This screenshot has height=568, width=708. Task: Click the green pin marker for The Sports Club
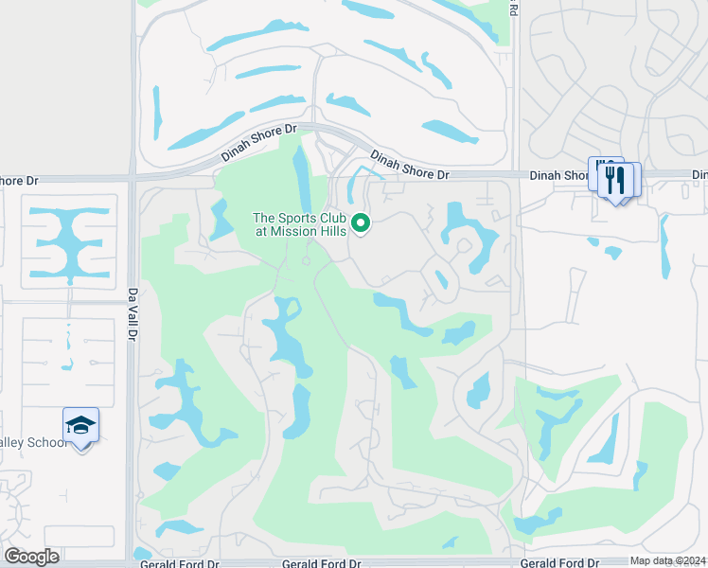[x=361, y=223]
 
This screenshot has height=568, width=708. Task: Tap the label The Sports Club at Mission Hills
[x=301, y=224]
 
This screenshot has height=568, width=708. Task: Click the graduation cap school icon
[x=81, y=425]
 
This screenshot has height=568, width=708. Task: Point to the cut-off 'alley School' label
[x=34, y=443]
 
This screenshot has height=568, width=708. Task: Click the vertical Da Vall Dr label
[x=133, y=312]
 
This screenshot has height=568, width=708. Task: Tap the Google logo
[x=31, y=556]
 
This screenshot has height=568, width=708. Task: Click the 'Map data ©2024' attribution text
[x=667, y=560]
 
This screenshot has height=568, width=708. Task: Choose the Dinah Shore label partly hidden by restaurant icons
[x=560, y=175]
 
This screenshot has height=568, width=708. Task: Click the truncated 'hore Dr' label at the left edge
[x=19, y=181]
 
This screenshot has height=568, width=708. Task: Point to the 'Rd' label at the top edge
[x=512, y=9]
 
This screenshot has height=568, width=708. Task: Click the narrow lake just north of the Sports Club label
[x=302, y=175]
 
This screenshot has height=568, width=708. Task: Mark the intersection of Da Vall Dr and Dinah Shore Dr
[x=133, y=177]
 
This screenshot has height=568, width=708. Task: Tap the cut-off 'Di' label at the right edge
[x=699, y=175]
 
